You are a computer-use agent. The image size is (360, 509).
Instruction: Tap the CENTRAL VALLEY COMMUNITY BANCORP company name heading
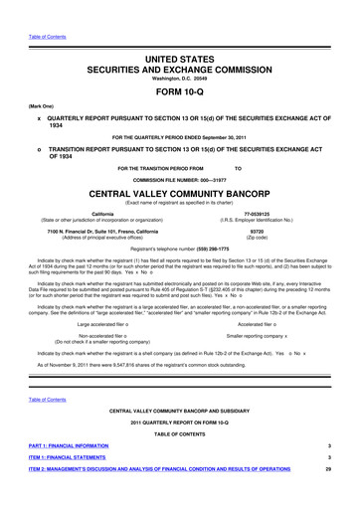pos(179,196)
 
